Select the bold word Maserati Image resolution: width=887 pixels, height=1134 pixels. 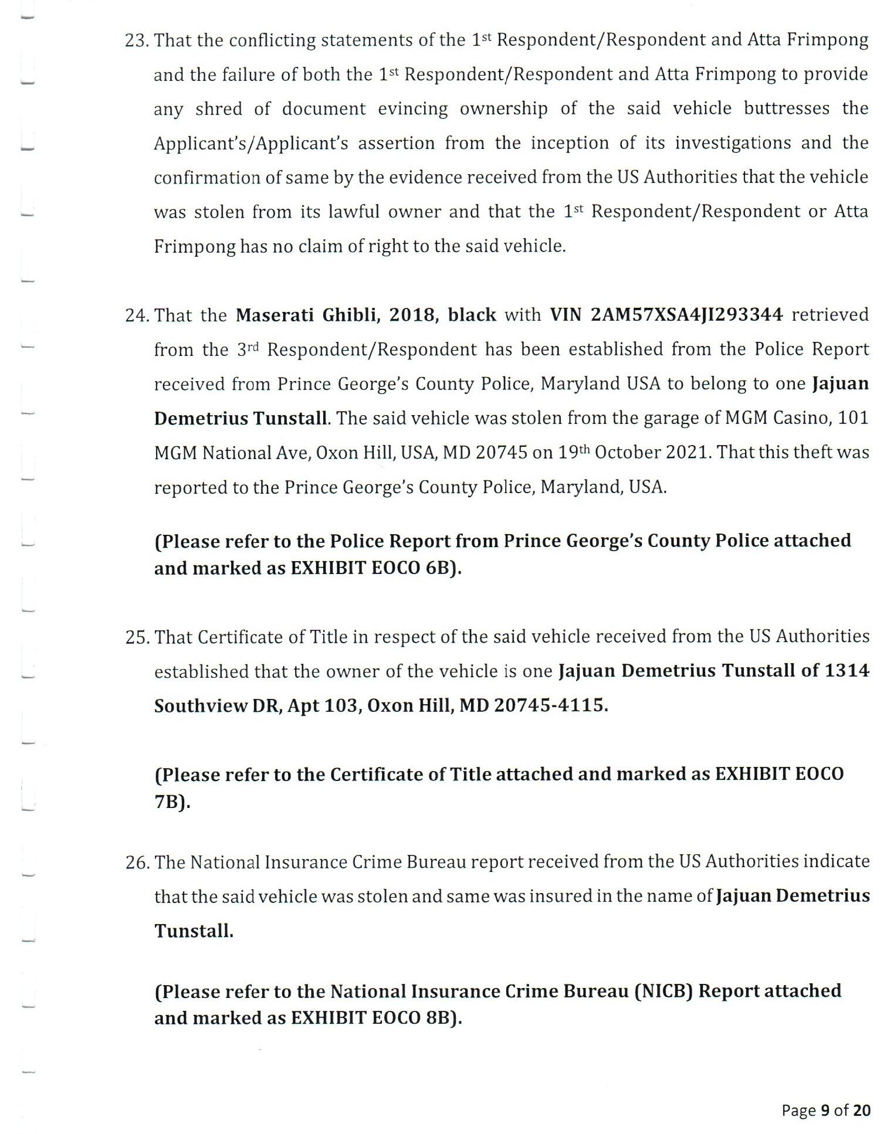click(275, 315)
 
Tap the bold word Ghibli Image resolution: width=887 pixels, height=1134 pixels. click(351, 315)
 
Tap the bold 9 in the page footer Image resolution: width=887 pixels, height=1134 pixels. click(825, 1111)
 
